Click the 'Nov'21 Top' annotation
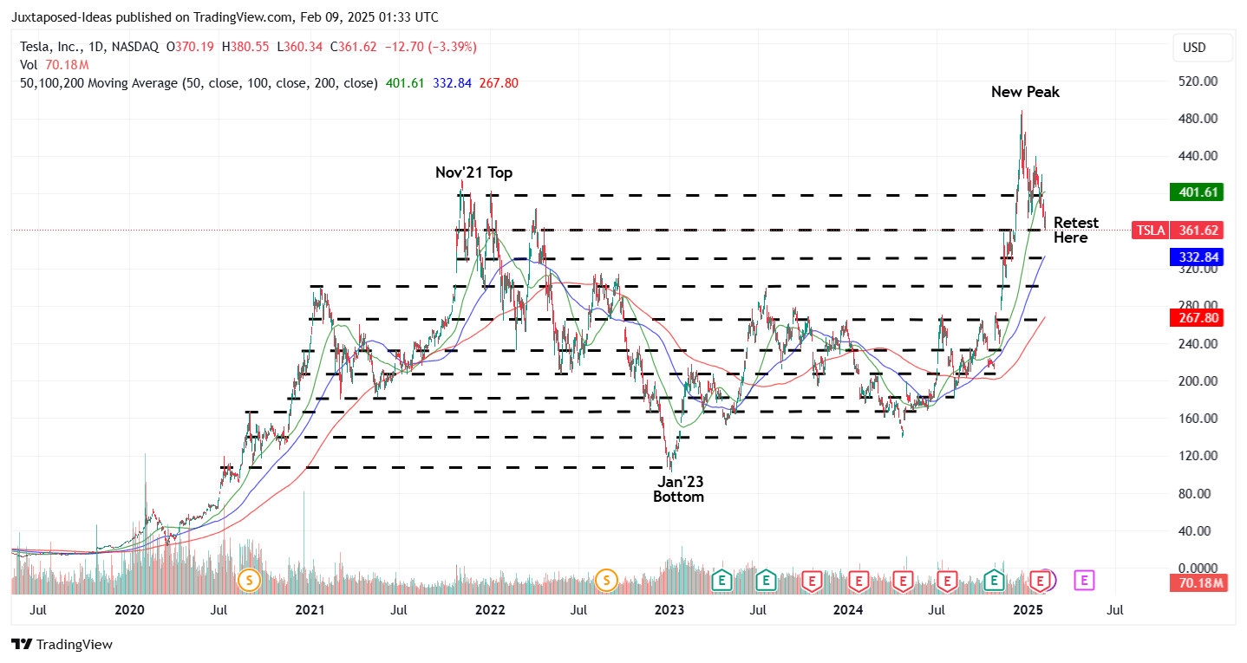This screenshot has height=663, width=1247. pyautogui.click(x=473, y=173)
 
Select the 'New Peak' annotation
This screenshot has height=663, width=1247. pyautogui.click(x=1025, y=92)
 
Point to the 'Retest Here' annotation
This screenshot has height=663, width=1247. pyautogui.click(x=1075, y=231)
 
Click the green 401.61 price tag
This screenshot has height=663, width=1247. pyautogui.click(x=1196, y=192)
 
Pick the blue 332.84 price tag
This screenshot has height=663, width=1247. pyautogui.click(x=1196, y=257)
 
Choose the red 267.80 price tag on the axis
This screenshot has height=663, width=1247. pyautogui.click(x=1196, y=318)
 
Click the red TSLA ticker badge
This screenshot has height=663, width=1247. pyautogui.click(x=1150, y=231)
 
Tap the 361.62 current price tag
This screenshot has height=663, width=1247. pyautogui.click(x=1200, y=231)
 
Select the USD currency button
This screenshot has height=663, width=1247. pyautogui.click(x=1194, y=48)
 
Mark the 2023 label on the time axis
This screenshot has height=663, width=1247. pyautogui.click(x=669, y=610)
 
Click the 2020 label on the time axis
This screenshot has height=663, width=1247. pyautogui.click(x=129, y=610)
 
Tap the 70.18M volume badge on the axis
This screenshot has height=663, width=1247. pyautogui.click(x=1200, y=583)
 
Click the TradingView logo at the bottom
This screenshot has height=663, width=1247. pyautogui.click(x=62, y=645)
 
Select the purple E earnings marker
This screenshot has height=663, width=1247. pyautogui.click(x=1084, y=580)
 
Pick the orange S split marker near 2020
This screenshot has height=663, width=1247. pyautogui.click(x=250, y=580)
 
